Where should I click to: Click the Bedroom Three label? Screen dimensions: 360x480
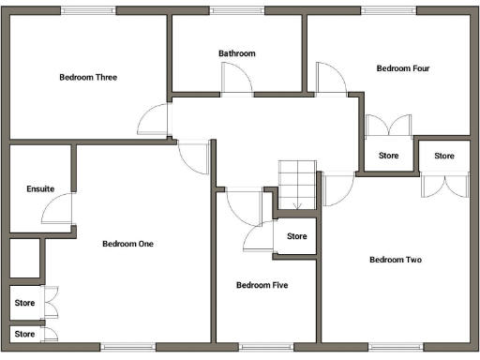[88, 77]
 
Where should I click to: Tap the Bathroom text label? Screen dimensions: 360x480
[237, 53]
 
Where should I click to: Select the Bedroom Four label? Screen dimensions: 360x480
[403, 67]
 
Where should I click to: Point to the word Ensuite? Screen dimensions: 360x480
[40, 188]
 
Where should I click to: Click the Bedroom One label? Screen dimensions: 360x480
[127, 244]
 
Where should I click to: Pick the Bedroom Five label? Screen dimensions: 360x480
[262, 285]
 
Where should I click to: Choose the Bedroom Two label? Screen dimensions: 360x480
[396, 260]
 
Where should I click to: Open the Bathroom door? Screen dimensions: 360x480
[238, 81]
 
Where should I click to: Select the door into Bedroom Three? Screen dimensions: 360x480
[154, 119]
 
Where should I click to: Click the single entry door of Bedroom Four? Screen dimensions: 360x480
[331, 78]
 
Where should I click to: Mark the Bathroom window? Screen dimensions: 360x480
[236, 10]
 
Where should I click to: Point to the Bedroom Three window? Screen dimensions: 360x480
[90, 10]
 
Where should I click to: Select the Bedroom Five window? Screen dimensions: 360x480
[266, 347]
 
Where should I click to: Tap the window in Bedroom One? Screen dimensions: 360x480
[128, 347]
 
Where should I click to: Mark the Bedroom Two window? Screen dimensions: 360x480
[395, 347]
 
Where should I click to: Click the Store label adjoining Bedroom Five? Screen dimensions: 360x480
[296, 236]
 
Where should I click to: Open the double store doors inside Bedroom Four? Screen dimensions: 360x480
[389, 127]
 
